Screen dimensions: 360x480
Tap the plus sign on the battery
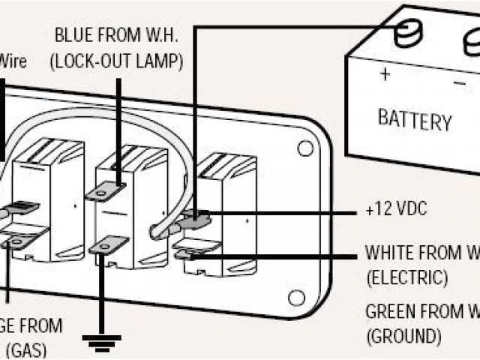point(385,74)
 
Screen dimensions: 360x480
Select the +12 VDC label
point(396,210)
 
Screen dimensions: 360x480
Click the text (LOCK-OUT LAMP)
point(115,62)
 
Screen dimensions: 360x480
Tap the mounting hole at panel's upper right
point(304,148)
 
